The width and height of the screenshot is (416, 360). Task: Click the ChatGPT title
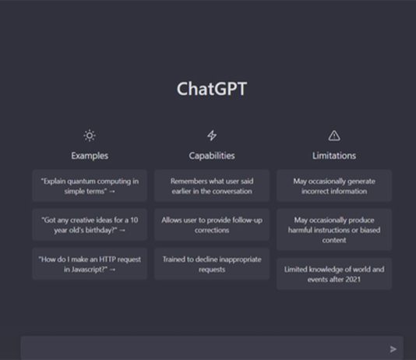212,89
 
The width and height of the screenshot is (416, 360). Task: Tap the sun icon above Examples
90,136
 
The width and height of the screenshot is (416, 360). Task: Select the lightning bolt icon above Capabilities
212,136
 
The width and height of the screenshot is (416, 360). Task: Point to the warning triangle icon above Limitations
334,136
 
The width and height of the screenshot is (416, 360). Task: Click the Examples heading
90,156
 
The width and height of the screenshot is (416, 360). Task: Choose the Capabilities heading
212,156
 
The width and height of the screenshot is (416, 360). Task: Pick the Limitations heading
334,156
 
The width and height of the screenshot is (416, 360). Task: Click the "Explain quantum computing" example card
90,185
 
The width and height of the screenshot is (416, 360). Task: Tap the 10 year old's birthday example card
90,224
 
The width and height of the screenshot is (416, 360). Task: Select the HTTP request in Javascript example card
90,264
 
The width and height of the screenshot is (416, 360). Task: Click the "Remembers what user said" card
212,185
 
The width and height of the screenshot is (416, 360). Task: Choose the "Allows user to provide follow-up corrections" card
212,224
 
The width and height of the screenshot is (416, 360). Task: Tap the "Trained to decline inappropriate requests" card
212,264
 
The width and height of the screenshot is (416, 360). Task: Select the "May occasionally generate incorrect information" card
334,185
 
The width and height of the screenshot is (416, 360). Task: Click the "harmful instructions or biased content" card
334,230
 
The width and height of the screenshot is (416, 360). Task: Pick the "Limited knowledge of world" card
334,274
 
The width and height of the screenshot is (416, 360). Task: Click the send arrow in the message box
393,349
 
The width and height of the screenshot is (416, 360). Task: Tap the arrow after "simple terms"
112,191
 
